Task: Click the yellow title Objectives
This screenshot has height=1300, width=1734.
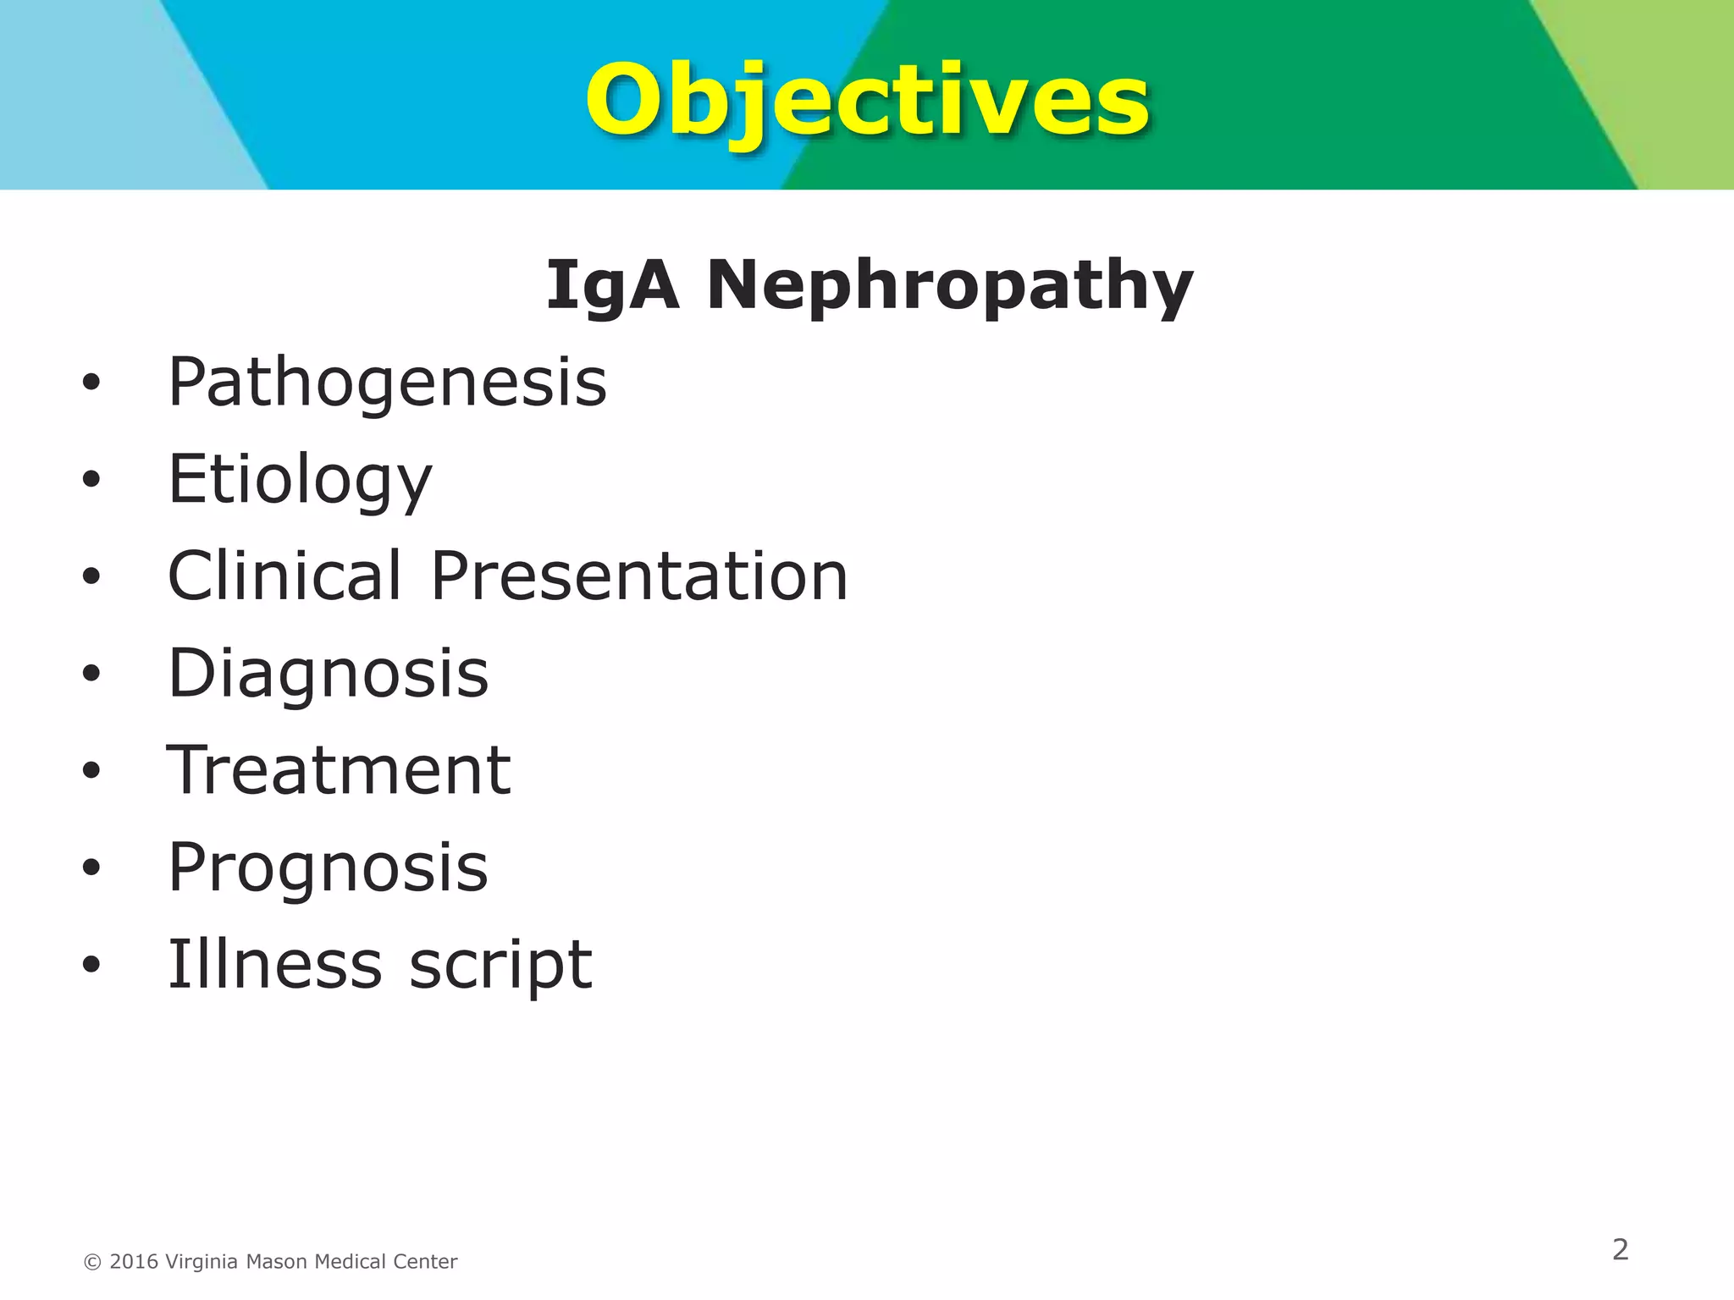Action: [867, 102]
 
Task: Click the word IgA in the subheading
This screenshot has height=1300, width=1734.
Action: [611, 286]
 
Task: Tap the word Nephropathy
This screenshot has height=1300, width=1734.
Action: [949, 286]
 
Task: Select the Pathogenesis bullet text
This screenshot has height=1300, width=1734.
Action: [387, 383]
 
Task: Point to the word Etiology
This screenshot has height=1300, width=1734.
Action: [300, 480]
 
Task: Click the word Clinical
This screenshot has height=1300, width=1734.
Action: [284, 576]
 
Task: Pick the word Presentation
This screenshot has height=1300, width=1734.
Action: [639, 576]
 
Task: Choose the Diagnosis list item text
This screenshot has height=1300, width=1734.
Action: [329, 674]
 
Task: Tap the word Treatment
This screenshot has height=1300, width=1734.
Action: [339, 770]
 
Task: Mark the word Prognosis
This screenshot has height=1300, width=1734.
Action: [329, 868]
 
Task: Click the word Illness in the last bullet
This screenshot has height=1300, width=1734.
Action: [274, 964]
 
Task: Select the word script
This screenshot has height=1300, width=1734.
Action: [500, 966]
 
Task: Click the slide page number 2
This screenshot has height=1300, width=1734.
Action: [1620, 1249]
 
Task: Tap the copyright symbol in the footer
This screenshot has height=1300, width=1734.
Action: [92, 1263]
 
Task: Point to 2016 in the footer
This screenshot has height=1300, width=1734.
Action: [134, 1262]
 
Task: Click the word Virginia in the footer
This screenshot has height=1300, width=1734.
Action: [202, 1262]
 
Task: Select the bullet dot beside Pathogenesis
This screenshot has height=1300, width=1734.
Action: [91, 383]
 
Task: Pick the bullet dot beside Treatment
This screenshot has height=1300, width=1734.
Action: [91, 771]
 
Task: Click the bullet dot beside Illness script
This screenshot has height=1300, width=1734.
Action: [91, 965]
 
